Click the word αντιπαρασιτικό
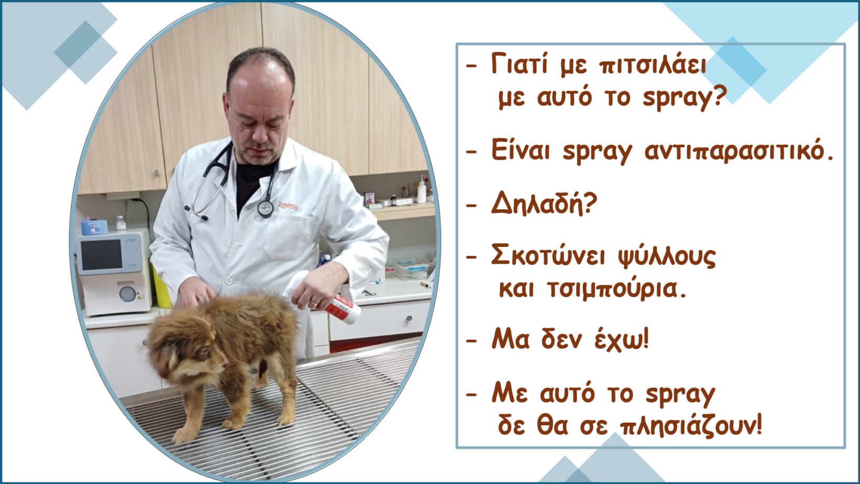point(734,151)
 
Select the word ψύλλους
point(667,256)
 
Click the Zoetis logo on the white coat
point(288,206)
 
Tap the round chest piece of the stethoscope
point(265,209)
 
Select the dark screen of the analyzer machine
point(101,254)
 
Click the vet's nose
point(260,134)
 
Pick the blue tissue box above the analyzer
point(94,227)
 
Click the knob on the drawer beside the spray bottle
point(409,319)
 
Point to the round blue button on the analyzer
point(127,294)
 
